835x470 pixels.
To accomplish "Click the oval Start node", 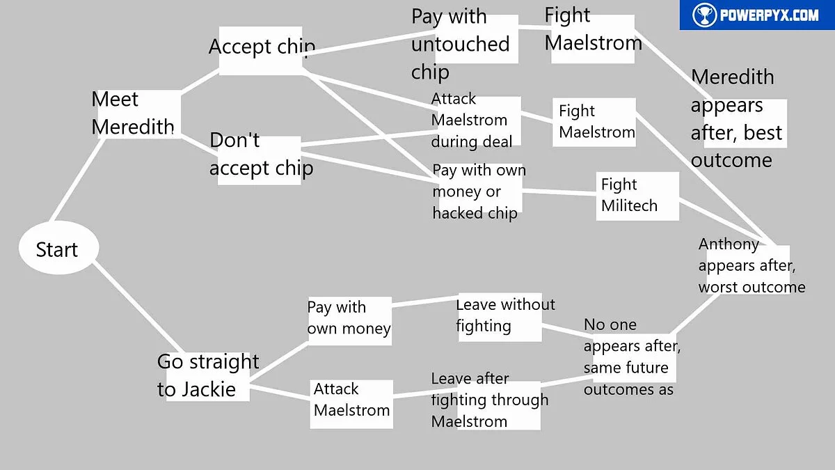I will pyautogui.click(x=58, y=249).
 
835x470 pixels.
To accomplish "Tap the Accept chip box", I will pyautogui.click(x=261, y=49).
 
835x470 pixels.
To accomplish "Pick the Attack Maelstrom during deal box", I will pyautogui.click(x=475, y=121).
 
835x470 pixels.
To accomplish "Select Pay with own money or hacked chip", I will pyautogui.click(x=477, y=191).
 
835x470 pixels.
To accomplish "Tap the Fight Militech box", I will pyautogui.click(x=637, y=196).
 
